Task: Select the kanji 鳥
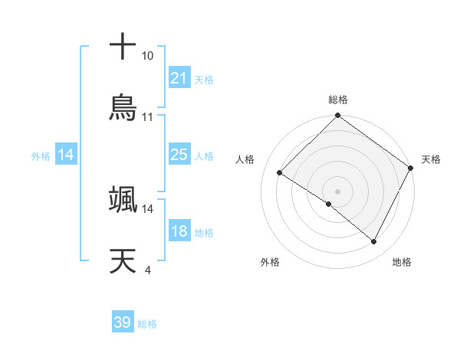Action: click(123, 107)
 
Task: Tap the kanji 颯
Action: click(123, 199)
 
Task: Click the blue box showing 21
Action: click(179, 78)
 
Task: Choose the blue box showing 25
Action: click(179, 155)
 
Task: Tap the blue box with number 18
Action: click(179, 231)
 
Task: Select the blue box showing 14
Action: click(65, 155)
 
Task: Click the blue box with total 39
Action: click(122, 322)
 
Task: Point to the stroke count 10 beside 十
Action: click(147, 56)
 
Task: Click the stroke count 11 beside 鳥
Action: click(147, 117)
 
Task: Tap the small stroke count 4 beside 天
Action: click(147, 270)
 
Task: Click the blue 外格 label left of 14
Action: click(41, 155)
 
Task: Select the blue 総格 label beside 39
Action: click(147, 323)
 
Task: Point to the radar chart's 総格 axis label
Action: click(337, 100)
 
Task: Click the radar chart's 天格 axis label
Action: click(431, 159)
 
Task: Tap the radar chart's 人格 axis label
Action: click(245, 159)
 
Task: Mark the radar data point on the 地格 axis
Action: click(374, 242)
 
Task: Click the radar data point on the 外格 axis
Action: click(329, 205)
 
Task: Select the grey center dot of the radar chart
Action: click(337, 191)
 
